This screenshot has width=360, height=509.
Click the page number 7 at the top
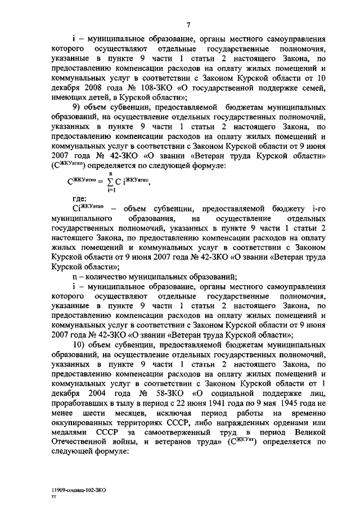190,23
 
